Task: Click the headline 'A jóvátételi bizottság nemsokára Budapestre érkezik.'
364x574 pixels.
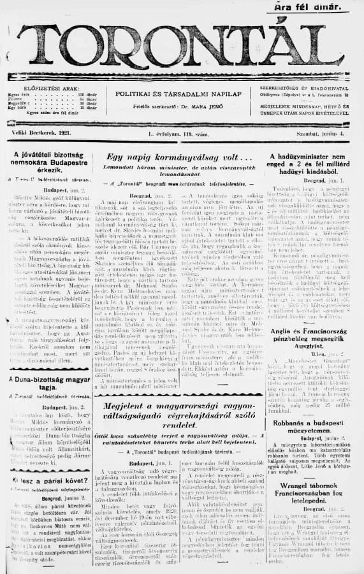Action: pyautogui.click(x=46, y=162)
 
